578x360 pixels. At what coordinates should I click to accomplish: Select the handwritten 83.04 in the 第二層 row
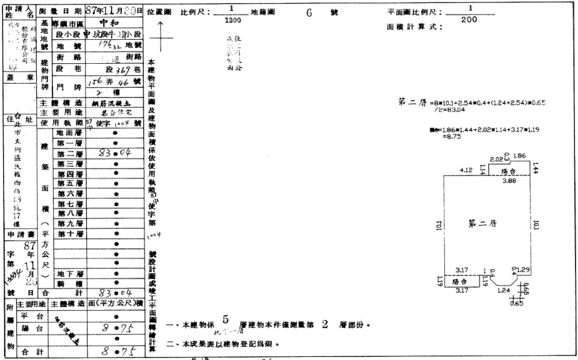click(x=114, y=154)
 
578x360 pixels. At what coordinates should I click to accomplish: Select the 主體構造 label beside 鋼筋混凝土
click(x=63, y=103)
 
